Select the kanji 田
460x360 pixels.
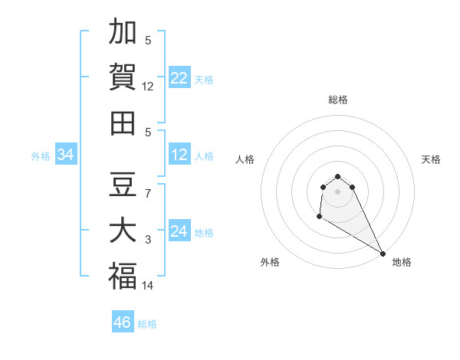(123, 123)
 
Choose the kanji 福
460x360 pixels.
(123, 276)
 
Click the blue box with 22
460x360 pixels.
(179, 78)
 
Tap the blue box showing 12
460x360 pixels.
(179, 155)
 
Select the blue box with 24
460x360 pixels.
(179, 232)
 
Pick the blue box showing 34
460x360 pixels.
(66, 155)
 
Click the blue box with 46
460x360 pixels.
(123, 322)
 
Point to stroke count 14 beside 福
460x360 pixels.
(148, 286)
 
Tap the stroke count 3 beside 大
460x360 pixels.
(148, 240)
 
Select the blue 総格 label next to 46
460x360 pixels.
(147, 324)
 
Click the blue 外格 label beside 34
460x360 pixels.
(41, 156)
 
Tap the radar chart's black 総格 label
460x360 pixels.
(338, 100)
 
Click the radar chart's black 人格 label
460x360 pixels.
(245, 159)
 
